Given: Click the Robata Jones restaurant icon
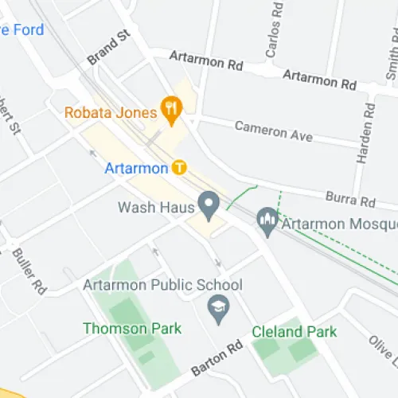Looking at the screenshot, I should click(x=170, y=105).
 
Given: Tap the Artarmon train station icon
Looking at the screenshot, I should click(x=180, y=167).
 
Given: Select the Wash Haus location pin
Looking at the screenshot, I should click(x=209, y=205).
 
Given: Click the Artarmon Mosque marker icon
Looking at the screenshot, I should click(x=267, y=221).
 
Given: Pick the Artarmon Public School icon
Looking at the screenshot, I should click(x=217, y=305).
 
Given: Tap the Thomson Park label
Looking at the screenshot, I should click(x=132, y=328).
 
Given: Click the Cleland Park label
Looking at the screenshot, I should click(x=294, y=332).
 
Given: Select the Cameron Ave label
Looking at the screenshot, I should click(x=273, y=131).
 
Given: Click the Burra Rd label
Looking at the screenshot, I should click(x=350, y=198).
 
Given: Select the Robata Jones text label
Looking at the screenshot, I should click(x=111, y=112).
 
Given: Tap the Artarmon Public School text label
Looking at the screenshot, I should click(x=163, y=285).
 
